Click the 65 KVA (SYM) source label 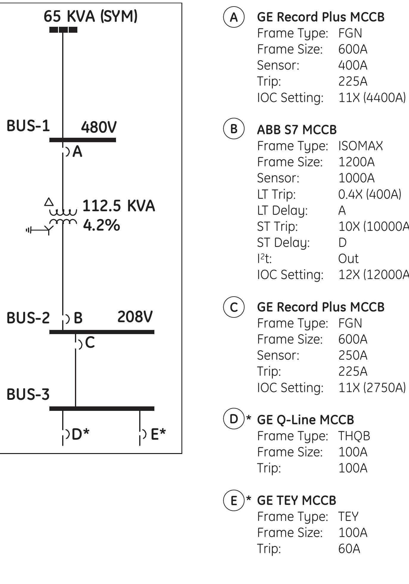[90, 16]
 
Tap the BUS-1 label [28, 126]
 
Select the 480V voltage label [99, 127]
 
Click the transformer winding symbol [63, 217]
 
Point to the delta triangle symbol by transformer [49, 202]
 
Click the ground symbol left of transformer [29, 230]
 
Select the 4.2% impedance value [101, 225]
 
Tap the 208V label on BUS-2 [135, 317]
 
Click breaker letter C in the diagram [90, 343]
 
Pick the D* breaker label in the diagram [80, 434]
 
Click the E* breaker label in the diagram [158, 434]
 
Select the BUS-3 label [28, 394]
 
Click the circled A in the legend [234, 17]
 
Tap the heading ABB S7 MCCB [297, 130]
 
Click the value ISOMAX [361, 146]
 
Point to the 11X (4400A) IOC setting [372, 98]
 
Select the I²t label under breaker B [264, 259]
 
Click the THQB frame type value [354, 436]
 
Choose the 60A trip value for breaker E [349, 549]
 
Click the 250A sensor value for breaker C [353, 356]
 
